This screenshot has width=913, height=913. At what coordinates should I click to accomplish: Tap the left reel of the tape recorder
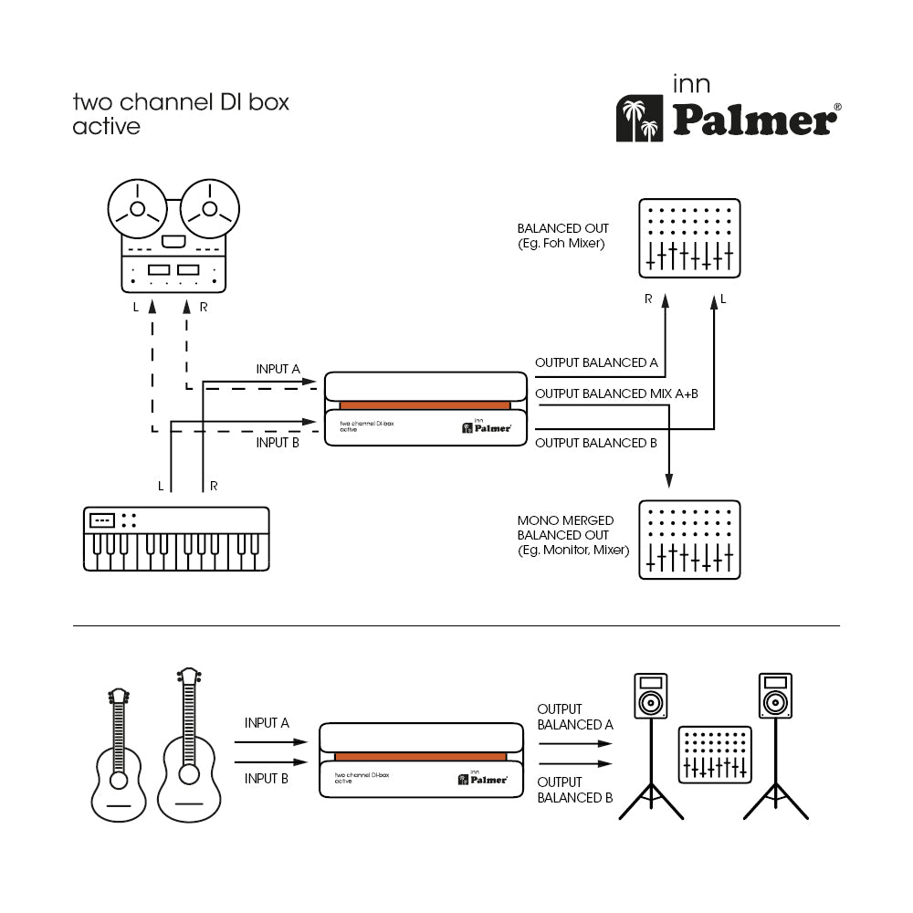[137, 208]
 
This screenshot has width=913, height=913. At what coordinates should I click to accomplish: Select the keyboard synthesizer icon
[177, 539]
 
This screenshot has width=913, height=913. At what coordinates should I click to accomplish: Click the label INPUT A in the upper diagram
[278, 369]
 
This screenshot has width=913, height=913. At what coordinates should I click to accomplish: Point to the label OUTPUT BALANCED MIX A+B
[617, 394]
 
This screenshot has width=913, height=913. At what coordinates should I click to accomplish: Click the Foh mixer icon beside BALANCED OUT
[688, 238]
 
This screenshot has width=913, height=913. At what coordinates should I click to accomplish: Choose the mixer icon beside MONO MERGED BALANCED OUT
[688, 540]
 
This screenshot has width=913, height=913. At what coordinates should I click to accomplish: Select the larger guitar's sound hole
[189, 774]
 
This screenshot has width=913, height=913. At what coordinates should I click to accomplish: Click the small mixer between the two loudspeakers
[715, 755]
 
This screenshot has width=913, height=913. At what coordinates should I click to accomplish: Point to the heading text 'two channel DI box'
[181, 101]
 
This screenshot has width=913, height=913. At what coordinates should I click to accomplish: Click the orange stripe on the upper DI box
[425, 404]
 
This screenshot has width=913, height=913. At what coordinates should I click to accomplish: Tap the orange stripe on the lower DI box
[420, 756]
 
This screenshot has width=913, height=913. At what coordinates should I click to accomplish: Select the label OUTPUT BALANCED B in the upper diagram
[596, 443]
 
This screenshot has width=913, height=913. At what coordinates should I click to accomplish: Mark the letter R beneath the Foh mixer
[648, 299]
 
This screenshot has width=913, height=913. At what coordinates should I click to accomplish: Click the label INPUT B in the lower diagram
[267, 778]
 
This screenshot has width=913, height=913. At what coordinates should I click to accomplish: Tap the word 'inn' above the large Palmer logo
[691, 86]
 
